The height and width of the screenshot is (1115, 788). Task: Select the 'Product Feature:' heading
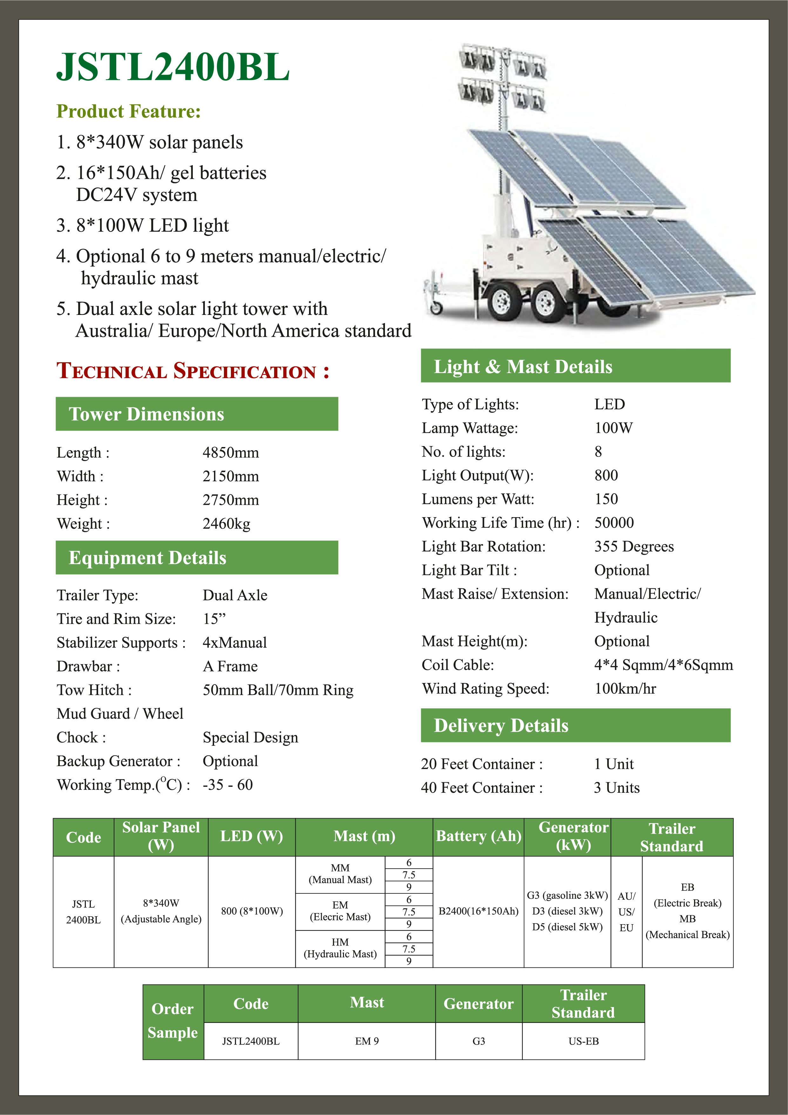(128, 111)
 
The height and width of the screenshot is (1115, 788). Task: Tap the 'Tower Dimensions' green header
(196, 414)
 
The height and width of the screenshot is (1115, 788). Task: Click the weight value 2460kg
(226, 524)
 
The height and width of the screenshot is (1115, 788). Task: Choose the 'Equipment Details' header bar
(196, 557)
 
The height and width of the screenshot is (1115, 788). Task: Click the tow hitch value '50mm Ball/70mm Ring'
(278, 690)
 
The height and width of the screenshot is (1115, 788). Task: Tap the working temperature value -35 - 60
(227, 785)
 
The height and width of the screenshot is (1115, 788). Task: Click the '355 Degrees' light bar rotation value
(634, 546)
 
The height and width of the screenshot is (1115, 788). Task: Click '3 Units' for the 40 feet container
(616, 788)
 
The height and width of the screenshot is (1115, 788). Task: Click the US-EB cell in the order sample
(583, 1041)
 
